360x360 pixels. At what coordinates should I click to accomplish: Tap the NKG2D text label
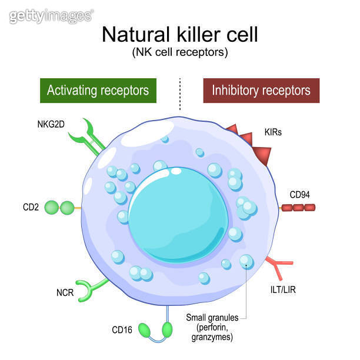52,124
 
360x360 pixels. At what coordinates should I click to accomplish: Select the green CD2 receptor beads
59,208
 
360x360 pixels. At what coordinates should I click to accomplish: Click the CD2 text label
31,208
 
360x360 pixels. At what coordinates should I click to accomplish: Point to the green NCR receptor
92,288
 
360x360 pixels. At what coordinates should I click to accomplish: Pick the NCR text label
65,293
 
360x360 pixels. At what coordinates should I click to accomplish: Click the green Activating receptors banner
98,91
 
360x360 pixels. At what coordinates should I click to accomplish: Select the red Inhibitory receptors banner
261,91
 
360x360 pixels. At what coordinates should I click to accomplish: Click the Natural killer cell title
180,34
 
